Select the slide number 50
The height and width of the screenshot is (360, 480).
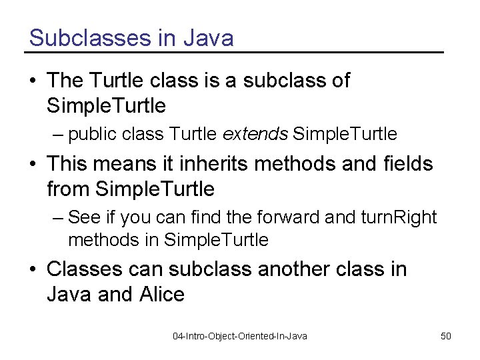tap(446, 336)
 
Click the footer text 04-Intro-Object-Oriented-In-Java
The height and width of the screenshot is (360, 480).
tap(240, 336)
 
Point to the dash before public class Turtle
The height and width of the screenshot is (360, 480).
tap(59, 135)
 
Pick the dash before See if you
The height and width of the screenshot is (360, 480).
tap(59, 218)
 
